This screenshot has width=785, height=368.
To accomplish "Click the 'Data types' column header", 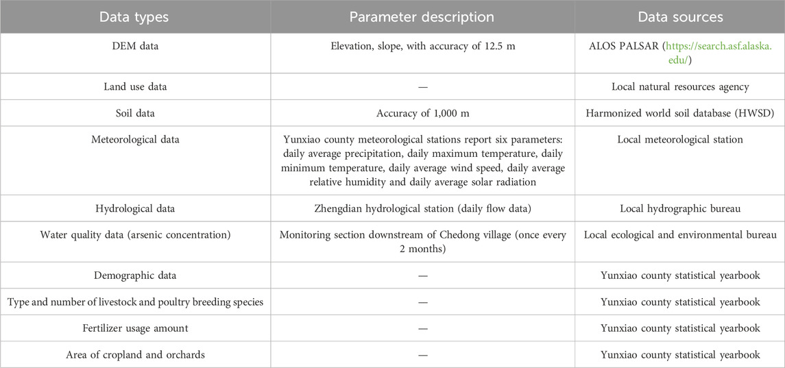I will [135, 16].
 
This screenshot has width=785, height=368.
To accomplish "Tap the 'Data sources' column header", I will [680, 16].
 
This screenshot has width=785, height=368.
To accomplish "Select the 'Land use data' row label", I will [135, 87].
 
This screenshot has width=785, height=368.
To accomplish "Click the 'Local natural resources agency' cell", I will [680, 87].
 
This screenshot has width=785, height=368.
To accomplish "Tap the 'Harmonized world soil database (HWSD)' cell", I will [680, 113].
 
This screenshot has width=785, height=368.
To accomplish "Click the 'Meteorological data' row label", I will [135, 140].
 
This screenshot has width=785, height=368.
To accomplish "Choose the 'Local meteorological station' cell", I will [680, 140].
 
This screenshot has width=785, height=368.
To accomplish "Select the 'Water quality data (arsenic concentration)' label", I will [135, 235].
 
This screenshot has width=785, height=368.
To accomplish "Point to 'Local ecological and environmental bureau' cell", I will [680, 235].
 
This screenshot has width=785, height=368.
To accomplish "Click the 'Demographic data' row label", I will [135, 275].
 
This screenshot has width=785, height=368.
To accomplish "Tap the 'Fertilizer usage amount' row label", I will [135, 328].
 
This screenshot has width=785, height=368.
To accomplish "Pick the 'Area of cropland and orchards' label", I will [135, 354].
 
